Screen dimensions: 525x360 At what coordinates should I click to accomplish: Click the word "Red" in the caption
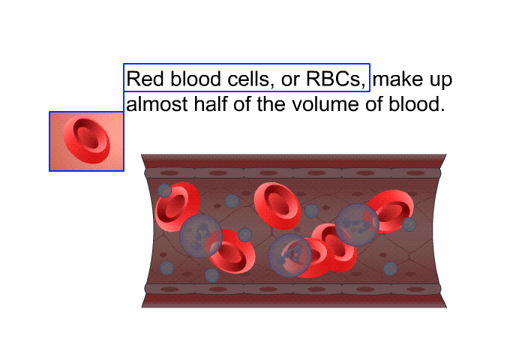(145, 79)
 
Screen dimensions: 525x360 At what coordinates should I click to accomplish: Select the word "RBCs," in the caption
(336, 79)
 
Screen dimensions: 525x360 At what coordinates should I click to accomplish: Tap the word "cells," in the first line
(249, 79)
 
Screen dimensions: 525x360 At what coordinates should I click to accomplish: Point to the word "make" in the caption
(397, 79)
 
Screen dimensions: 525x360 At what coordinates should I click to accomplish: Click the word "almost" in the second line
(157, 104)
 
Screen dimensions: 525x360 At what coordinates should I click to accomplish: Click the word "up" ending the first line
(441, 81)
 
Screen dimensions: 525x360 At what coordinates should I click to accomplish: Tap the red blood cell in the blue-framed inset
(86, 141)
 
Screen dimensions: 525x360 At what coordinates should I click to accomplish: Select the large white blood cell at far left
(201, 236)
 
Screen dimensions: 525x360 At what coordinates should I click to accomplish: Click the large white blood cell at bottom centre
(290, 256)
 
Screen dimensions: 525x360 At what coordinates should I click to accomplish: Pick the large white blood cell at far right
(357, 225)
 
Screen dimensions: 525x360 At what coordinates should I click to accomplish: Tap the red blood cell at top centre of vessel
(277, 206)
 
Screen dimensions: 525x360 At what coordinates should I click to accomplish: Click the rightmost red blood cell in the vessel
(391, 211)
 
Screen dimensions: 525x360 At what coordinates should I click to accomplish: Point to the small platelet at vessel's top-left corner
(165, 190)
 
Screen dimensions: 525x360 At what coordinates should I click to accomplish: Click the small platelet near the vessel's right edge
(409, 224)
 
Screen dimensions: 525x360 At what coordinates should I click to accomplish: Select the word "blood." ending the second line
(417, 103)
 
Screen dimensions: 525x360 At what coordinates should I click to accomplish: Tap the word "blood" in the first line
(196, 79)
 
